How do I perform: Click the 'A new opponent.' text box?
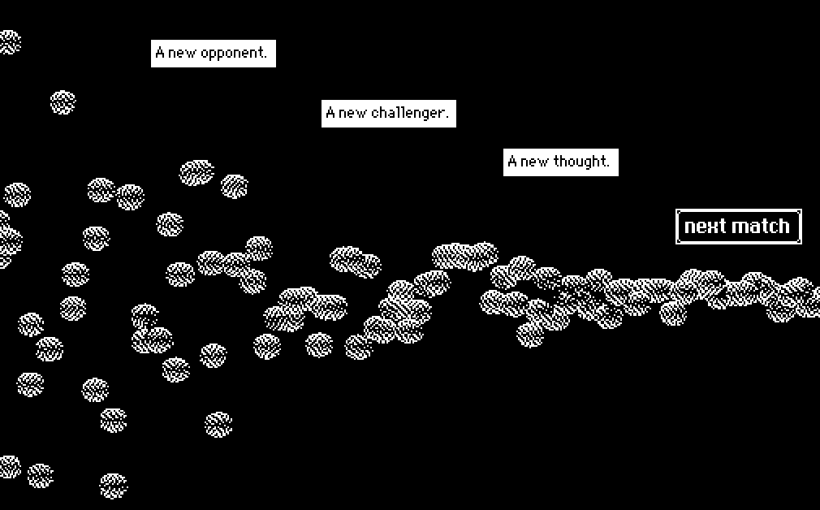[x=214, y=54]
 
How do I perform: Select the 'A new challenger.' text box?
[x=388, y=114]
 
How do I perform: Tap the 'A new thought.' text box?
[x=560, y=162]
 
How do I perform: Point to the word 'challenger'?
[x=409, y=113]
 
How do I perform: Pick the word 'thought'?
[x=581, y=161]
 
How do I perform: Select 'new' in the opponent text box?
[x=183, y=54]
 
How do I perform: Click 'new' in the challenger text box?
[x=353, y=114]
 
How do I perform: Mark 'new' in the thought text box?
[x=534, y=162]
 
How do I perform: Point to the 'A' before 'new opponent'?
[x=160, y=54]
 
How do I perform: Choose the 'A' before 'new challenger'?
[x=330, y=114]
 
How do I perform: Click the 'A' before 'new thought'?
[x=512, y=162]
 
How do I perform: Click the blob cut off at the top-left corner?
[x=8, y=41]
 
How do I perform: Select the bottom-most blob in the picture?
[x=113, y=486]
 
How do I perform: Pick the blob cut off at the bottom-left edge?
[x=8, y=466]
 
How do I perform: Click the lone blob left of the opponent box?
[x=63, y=103]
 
